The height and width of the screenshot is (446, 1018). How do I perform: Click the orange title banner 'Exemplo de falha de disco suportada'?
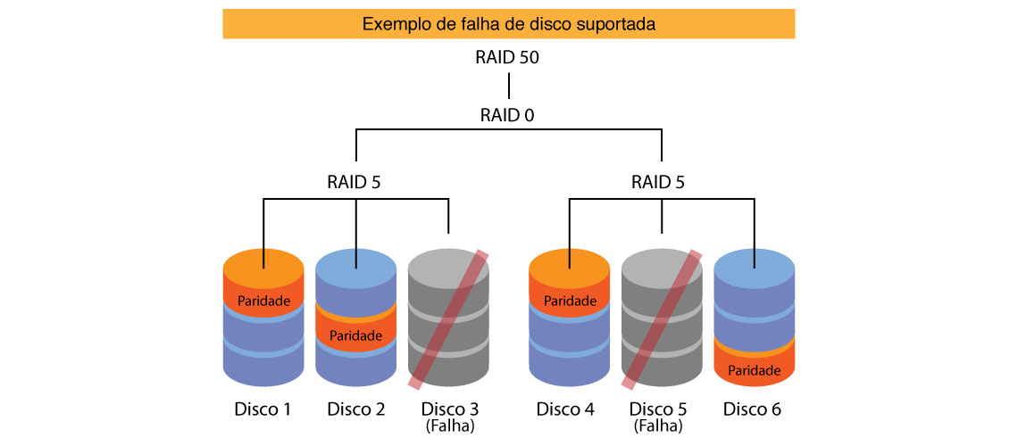coord(508,24)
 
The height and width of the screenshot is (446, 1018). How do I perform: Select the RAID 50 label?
coord(508,59)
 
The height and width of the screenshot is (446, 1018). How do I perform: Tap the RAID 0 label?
coord(508,115)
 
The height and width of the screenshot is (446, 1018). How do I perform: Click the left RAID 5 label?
coord(356,184)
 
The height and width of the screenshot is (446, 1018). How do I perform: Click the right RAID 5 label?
coord(661,184)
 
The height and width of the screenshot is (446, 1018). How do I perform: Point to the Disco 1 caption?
coord(263,409)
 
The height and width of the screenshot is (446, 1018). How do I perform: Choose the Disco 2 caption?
coord(356,409)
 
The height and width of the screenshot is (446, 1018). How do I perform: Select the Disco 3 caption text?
coord(449,409)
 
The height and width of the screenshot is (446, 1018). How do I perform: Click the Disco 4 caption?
coord(567,409)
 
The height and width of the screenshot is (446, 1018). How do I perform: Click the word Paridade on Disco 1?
coord(263,301)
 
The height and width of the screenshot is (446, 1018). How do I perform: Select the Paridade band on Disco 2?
coord(356,335)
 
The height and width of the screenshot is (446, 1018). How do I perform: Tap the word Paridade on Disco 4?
coord(570,301)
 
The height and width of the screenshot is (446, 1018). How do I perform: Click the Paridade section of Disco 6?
coord(755,369)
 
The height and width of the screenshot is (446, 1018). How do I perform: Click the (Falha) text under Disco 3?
coord(449,426)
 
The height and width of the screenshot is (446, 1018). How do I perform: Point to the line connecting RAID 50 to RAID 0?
coord(508,87)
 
